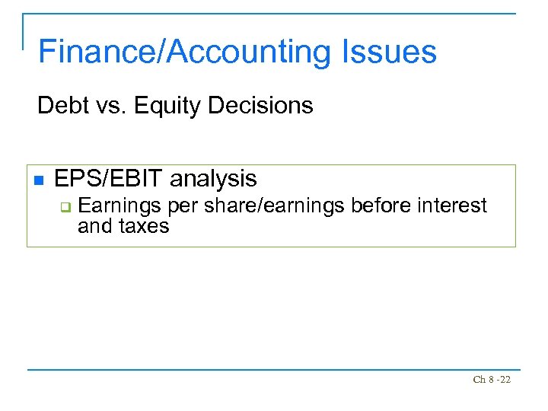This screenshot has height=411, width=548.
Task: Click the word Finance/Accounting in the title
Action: tap(182, 52)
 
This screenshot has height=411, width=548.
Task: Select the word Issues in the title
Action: tap(385, 52)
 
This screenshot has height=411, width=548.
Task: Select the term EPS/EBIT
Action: tap(109, 179)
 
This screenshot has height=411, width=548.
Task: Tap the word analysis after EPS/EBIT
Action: tap(214, 179)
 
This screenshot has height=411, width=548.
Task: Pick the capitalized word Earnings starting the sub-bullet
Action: tap(119, 206)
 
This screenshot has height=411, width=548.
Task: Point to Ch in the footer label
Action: tap(479, 380)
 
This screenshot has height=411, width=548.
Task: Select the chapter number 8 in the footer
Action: tap(490, 380)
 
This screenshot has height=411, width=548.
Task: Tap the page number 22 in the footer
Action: tap(505, 380)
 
